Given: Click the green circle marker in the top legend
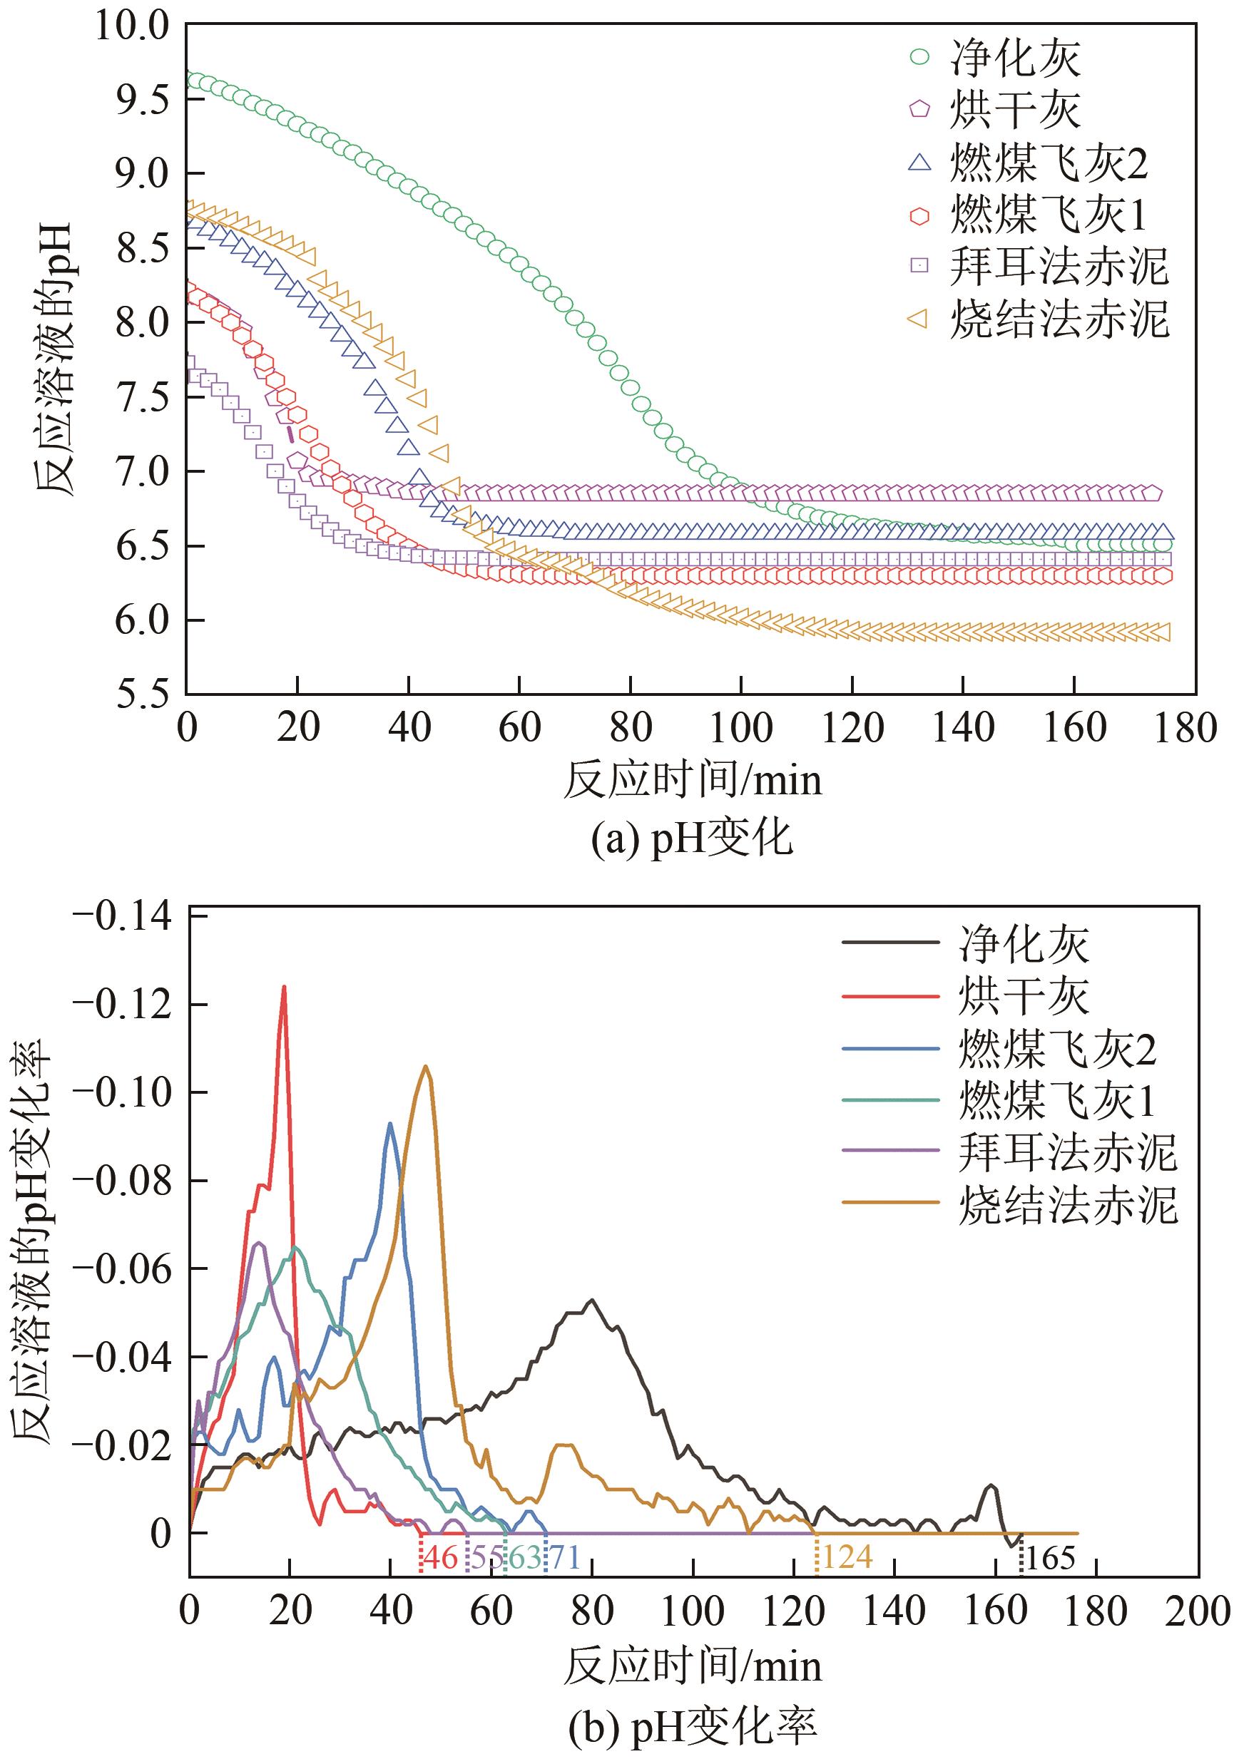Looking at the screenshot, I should click(919, 57).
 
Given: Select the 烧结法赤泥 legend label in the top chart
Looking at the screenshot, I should click(1059, 319).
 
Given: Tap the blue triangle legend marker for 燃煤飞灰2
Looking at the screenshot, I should click(919, 162).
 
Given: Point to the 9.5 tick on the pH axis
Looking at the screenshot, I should click(142, 100).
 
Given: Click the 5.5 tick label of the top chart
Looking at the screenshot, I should click(142, 693).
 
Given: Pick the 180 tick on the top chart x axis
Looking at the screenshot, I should click(1185, 728).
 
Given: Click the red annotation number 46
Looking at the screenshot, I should click(441, 1557).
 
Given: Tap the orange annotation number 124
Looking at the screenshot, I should click(847, 1557).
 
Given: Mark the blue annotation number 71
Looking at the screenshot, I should click(564, 1557).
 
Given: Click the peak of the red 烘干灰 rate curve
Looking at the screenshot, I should click(285, 987).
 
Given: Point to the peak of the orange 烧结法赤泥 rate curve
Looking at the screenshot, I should click(426, 1067).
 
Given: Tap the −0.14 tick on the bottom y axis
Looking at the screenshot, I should click(123, 916).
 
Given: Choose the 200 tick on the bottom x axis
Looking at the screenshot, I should click(1197, 1611).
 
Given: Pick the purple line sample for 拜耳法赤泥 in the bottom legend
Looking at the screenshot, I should click(890, 1150).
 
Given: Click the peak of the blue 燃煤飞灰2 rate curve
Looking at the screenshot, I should click(390, 1124).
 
